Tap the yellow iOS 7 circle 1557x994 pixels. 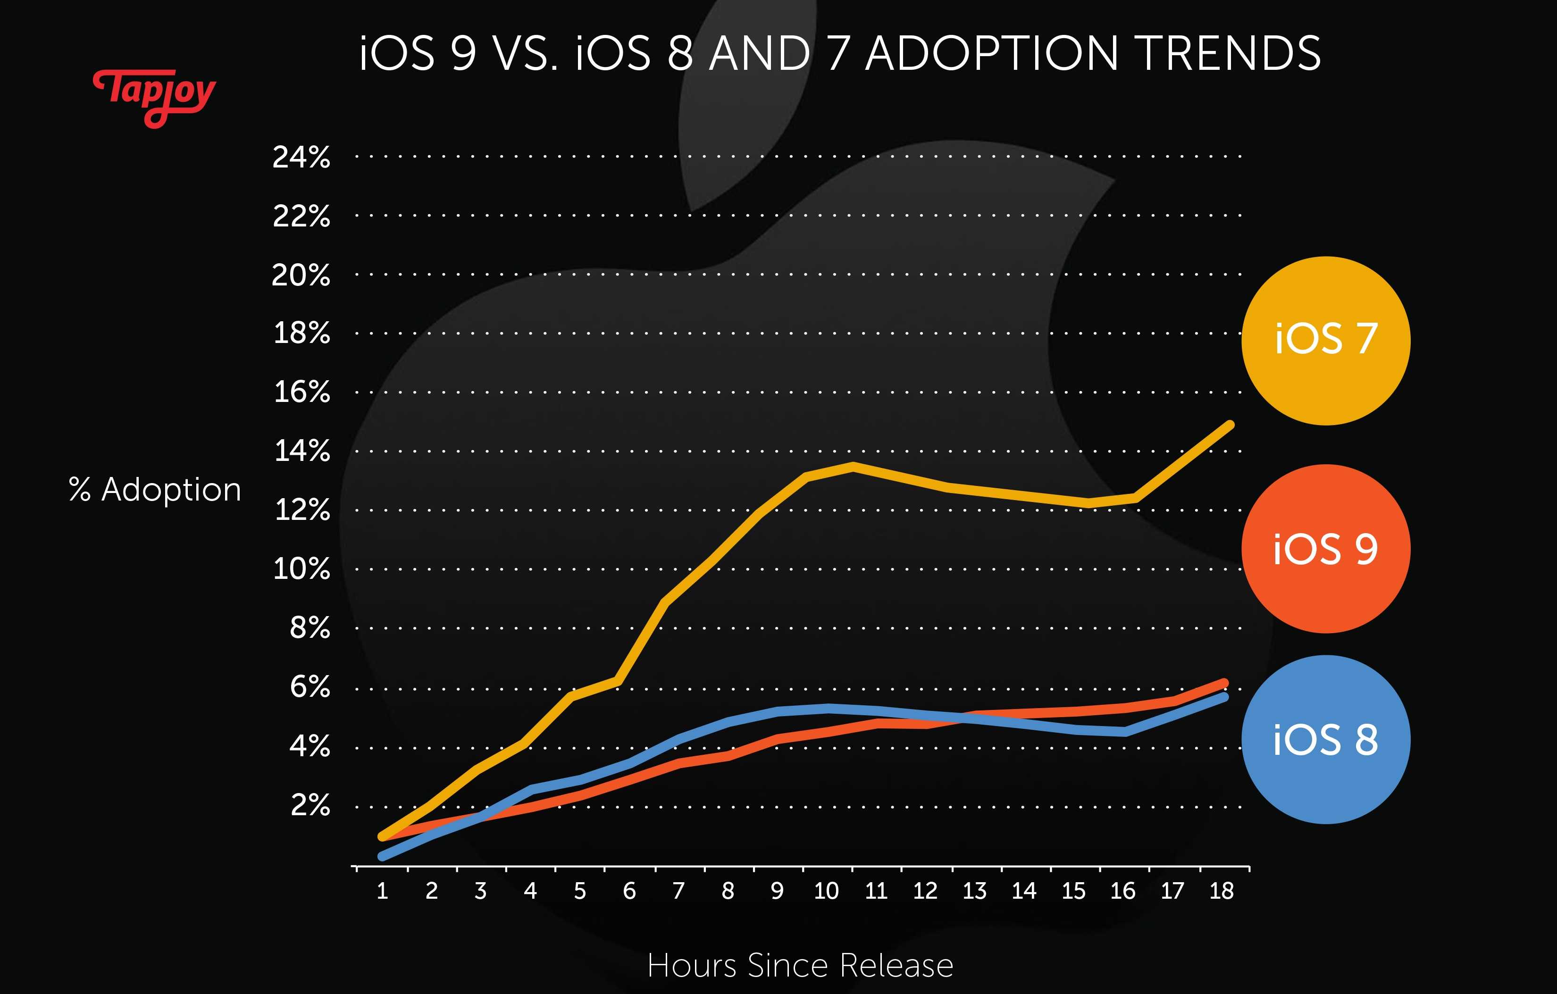click(1325, 340)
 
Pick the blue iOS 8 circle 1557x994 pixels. click(1325, 739)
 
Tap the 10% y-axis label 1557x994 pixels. click(301, 569)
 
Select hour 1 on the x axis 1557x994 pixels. click(382, 891)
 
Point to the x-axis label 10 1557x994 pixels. click(826, 891)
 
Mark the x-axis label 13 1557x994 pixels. click(974, 891)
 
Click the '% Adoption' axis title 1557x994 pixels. click(155, 490)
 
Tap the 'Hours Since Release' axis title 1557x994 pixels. click(800, 966)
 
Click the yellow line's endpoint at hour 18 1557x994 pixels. click(1230, 425)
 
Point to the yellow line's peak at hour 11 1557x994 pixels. click(854, 466)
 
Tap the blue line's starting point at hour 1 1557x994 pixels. click(382, 856)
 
